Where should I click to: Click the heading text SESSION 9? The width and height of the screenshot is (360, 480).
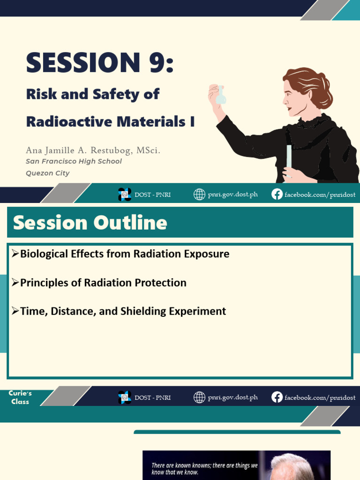coord(100,62)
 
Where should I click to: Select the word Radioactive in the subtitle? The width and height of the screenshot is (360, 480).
coord(69,121)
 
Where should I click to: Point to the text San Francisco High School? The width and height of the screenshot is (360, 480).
coord(74,161)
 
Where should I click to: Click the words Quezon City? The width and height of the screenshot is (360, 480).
coord(47,173)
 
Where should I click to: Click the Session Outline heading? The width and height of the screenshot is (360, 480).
coord(90,223)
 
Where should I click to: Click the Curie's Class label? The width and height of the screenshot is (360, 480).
coord(20,397)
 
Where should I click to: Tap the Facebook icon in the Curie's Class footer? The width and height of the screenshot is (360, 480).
coord(277,397)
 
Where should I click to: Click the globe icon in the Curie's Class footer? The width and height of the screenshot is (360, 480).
coord(200,397)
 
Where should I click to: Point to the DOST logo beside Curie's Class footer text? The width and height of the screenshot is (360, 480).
coord(125,397)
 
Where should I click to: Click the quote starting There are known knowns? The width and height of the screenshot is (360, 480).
coord(204,469)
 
